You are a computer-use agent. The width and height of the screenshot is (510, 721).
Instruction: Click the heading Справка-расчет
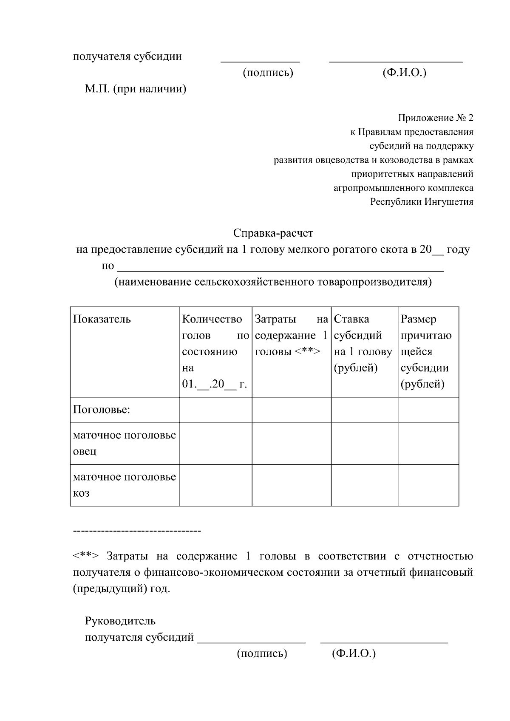click(273, 233)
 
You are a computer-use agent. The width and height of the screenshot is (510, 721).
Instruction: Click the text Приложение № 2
click(435, 118)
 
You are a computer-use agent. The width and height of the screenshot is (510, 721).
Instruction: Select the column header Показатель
click(102, 319)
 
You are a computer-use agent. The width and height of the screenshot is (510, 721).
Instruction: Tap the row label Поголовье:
click(102, 410)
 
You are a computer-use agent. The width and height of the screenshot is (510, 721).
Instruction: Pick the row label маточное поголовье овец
click(124, 443)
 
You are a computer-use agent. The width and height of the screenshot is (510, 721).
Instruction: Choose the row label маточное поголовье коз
click(124, 485)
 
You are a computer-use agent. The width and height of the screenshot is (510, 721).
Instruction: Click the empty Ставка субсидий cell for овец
click(364, 443)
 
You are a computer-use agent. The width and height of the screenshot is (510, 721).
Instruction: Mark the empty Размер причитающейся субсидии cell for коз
click(428, 485)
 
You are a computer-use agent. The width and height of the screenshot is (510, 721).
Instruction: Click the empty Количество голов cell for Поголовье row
click(215, 410)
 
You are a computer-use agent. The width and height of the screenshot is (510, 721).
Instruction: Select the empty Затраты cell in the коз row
click(291, 485)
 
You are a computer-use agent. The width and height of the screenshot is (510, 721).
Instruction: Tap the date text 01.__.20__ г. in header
click(215, 385)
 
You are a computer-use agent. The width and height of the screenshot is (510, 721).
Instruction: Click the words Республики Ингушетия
click(421, 202)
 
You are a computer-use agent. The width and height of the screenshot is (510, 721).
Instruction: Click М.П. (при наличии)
click(136, 89)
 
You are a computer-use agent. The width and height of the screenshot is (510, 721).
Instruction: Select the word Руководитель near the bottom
click(120, 621)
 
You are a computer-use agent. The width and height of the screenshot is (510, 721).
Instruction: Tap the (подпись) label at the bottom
click(262, 653)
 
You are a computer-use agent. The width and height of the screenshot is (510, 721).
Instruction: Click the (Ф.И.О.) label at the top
click(404, 73)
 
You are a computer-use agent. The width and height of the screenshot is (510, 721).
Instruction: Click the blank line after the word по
click(280, 267)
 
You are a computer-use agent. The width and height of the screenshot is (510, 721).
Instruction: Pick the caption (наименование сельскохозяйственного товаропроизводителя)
click(273, 282)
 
